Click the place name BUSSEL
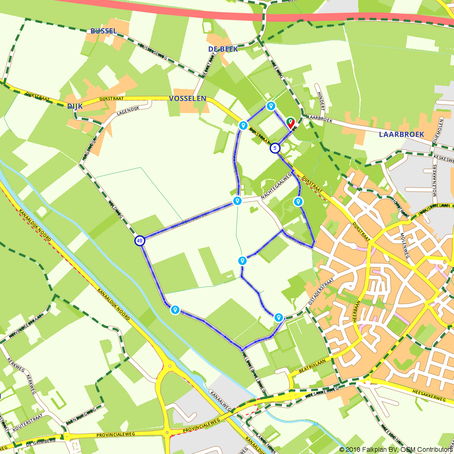tap(104, 31)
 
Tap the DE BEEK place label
tap(223, 49)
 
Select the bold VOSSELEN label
tap(188, 99)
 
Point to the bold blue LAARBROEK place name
tap(401, 134)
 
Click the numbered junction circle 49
tap(140, 241)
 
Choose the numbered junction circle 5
tap(275, 148)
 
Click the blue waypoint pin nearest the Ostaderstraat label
tap(278, 317)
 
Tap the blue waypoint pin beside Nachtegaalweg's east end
tap(298, 202)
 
